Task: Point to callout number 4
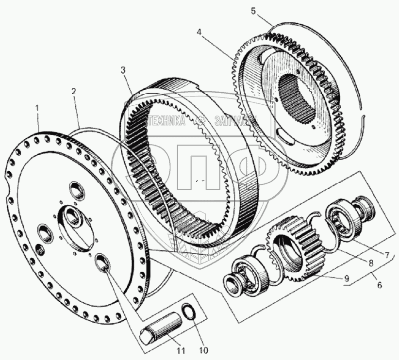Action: [199, 32]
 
